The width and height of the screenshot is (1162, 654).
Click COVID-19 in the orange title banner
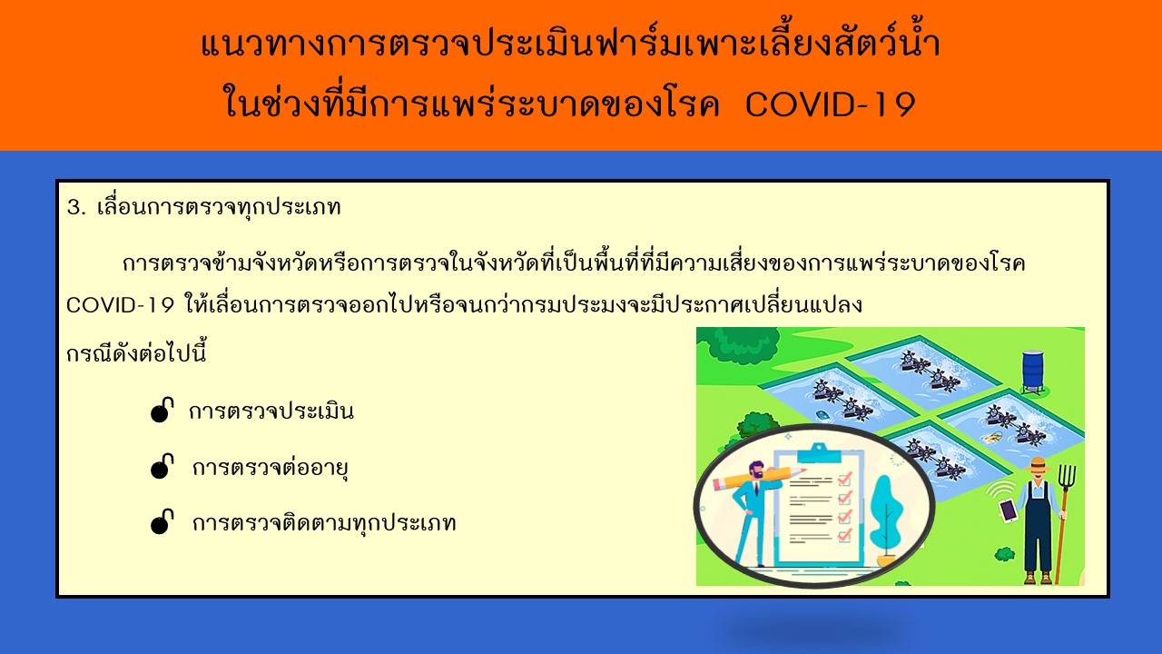tap(830, 104)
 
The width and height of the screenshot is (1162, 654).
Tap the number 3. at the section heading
tap(76, 208)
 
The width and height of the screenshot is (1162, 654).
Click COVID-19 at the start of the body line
tap(120, 304)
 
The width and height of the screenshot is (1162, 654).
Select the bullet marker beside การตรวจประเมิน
tap(162, 410)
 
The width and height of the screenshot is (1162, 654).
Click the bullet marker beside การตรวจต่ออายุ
tap(162, 466)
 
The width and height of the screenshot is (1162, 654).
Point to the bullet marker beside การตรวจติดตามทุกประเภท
tap(162, 521)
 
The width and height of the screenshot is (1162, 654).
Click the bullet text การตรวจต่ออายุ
tap(271, 468)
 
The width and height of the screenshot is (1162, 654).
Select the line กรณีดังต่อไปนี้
tap(136, 354)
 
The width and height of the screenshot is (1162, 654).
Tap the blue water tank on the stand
tap(1032, 372)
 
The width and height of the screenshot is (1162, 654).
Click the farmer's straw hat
tap(1038, 463)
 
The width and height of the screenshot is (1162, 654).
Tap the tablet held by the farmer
tap(1008, 510)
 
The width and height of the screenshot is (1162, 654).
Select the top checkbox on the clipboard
tap(845, 478)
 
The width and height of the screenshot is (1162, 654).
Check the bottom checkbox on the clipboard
tap(845, 535)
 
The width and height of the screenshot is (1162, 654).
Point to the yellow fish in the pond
tap(993, 438)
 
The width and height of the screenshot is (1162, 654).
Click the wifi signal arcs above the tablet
tap(1000, 490)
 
